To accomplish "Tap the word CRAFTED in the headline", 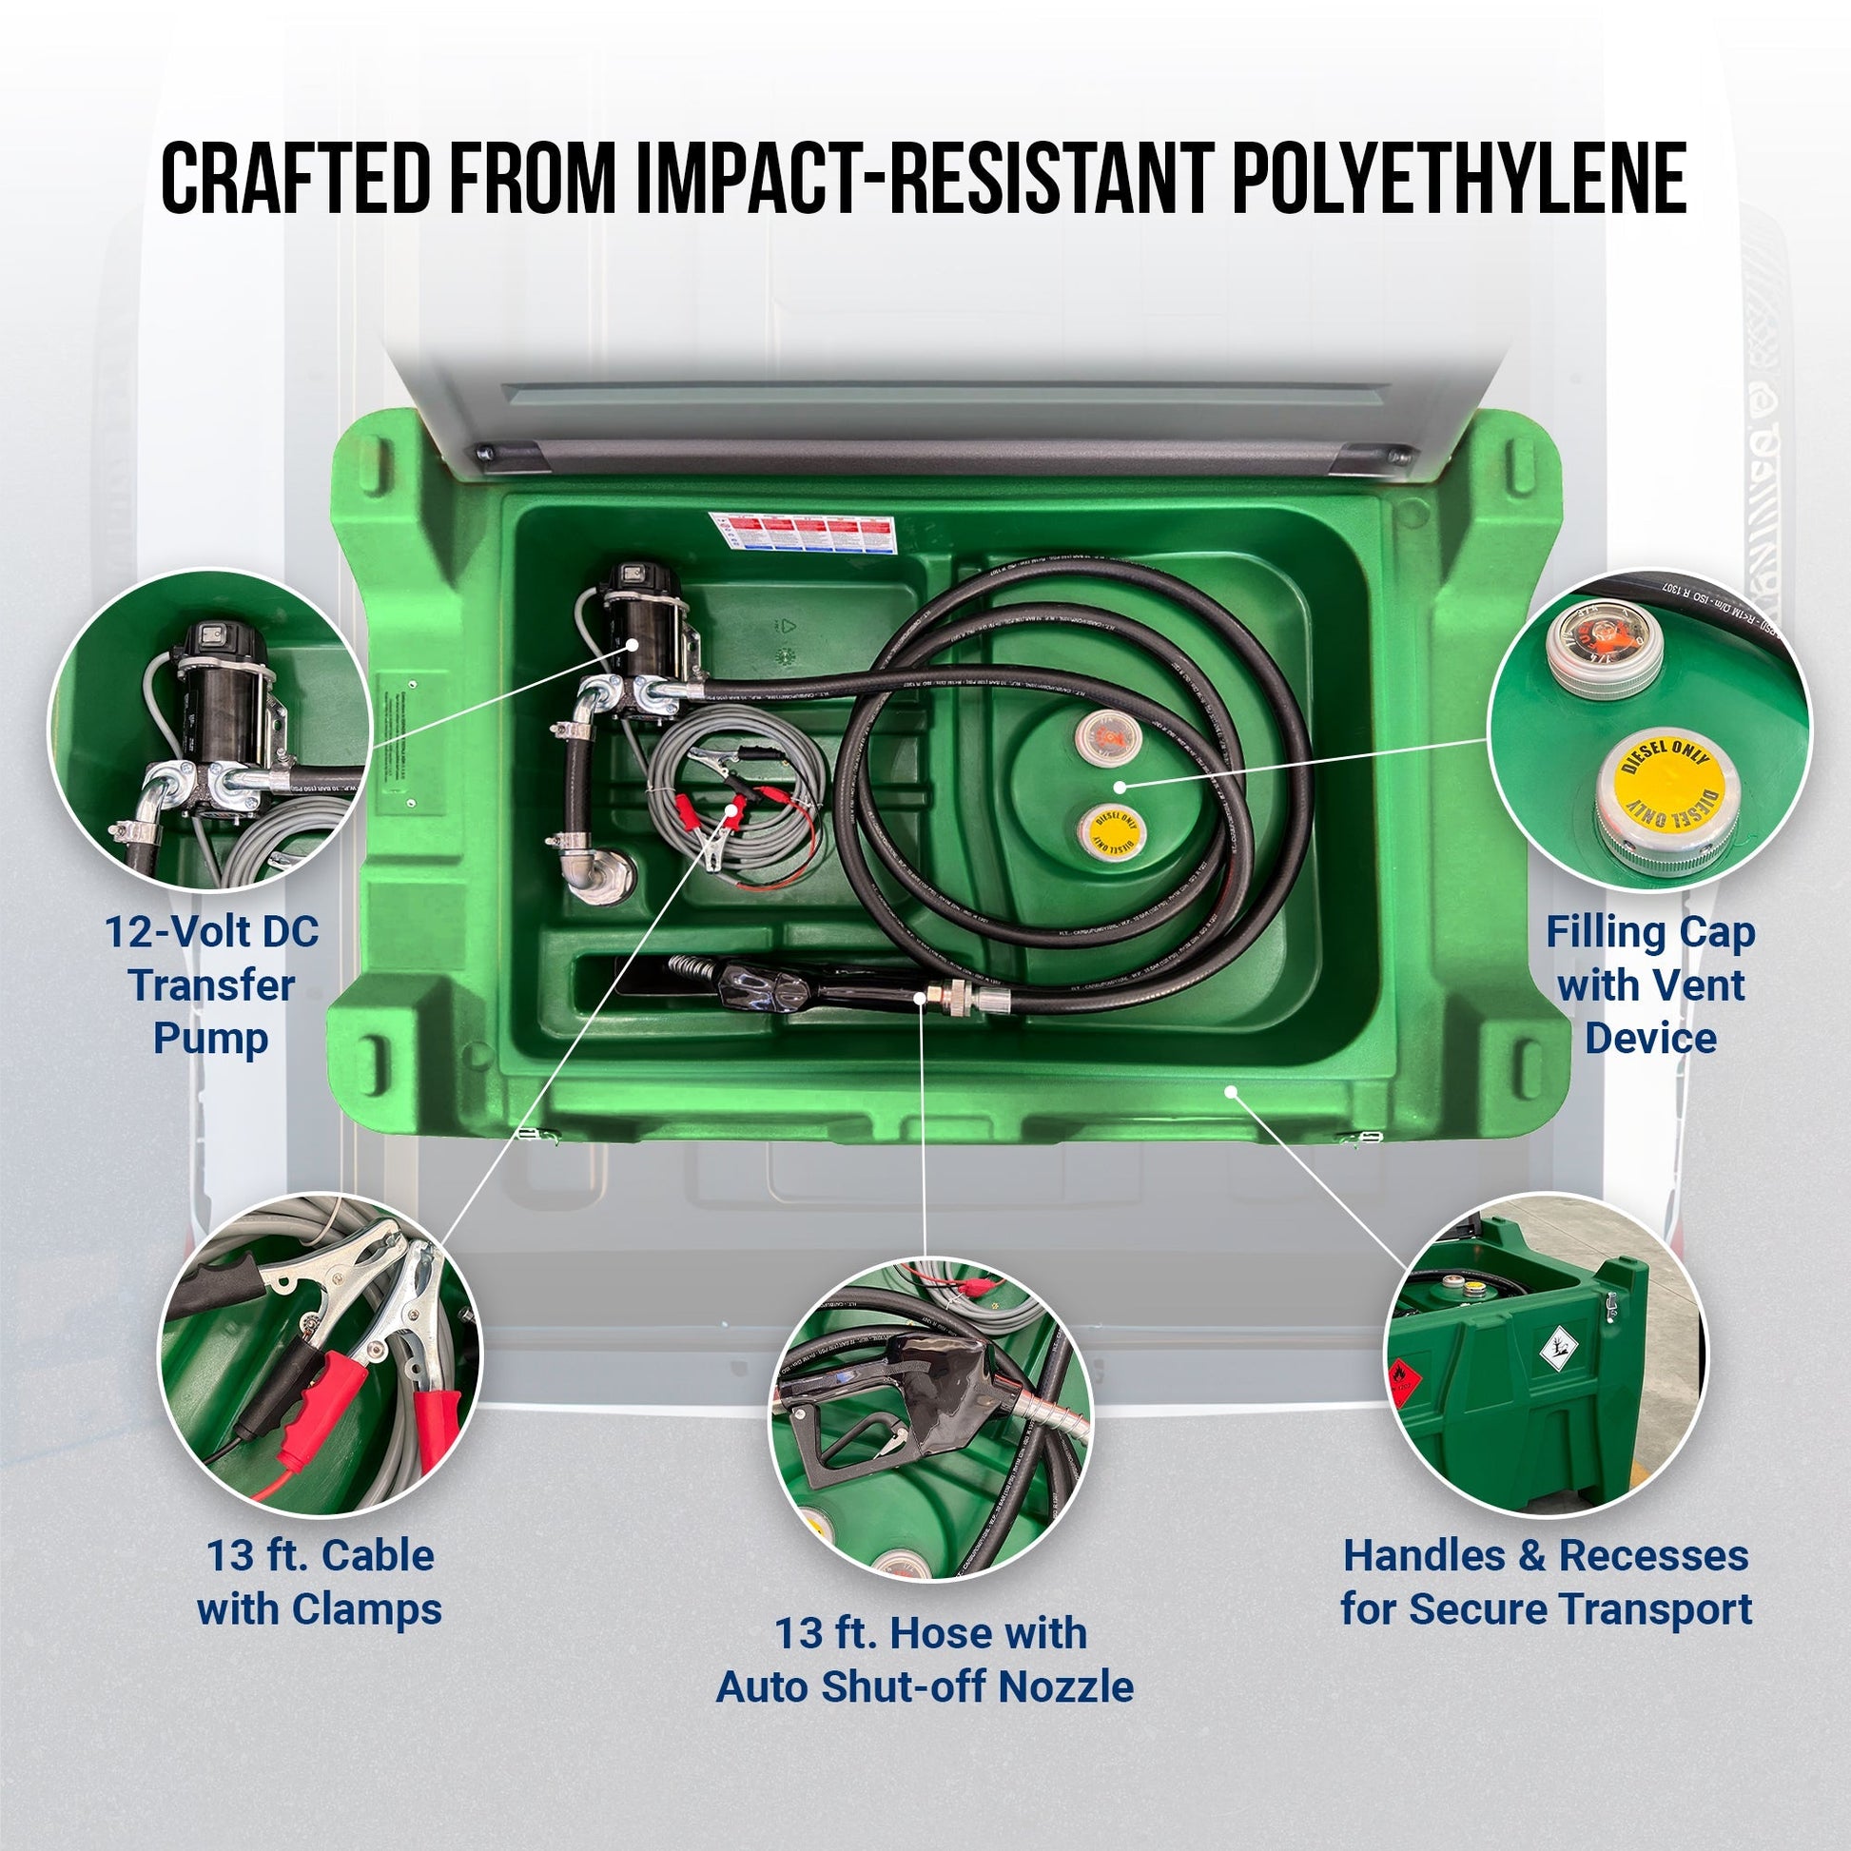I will pos(295,178).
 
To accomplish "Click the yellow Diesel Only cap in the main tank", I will pos(1111,829).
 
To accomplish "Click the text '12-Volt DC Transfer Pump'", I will pos(211,984).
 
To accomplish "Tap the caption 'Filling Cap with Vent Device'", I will pos(1649,984).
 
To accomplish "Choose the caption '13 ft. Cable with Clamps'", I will pos(319,1582).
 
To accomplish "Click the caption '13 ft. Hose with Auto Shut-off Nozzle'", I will pos(925,1660).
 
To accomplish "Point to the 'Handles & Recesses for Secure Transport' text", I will pos(1547,1582).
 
